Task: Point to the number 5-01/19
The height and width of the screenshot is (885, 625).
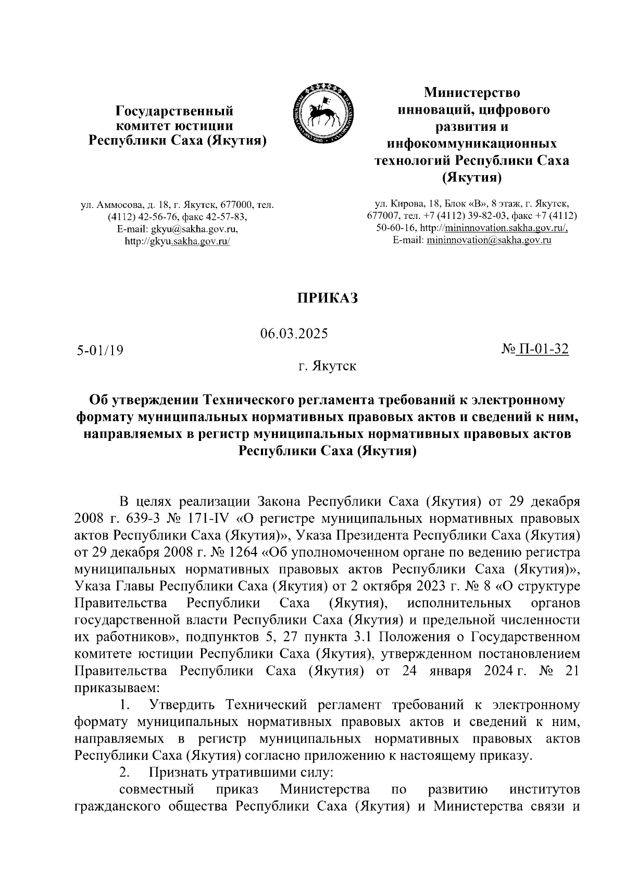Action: [99, 350]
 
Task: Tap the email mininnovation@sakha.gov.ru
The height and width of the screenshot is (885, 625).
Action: [489, 240]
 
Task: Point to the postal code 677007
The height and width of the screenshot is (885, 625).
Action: [383, 216]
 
